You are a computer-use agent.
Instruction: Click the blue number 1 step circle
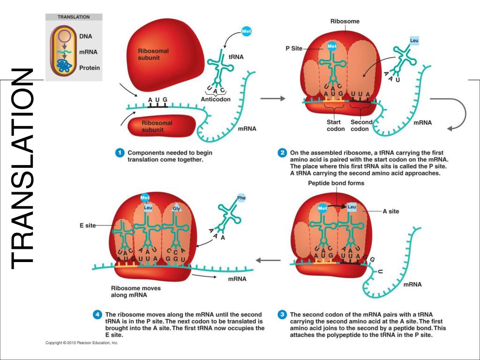[120, 153]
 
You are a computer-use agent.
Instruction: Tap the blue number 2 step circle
[282, 153]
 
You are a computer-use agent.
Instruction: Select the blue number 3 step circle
[282, 315]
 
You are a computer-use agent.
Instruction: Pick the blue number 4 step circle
[97, 315]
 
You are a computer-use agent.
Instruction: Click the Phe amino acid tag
[241, 197]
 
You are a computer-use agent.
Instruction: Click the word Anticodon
[216, 99]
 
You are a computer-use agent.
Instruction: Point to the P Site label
[294, 48]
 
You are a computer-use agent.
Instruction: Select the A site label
[391, 211]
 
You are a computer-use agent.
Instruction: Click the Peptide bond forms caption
[336, 183]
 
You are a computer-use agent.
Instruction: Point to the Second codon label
[361, 126]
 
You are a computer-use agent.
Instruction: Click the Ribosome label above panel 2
[345, 22]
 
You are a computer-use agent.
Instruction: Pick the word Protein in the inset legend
[89, 68]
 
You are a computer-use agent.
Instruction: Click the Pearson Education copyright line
[82, 343]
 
